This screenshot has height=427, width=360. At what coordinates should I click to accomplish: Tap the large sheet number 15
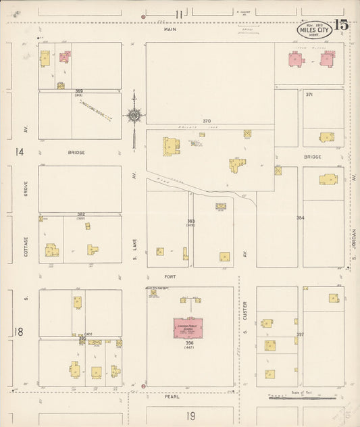[x=340, y=26]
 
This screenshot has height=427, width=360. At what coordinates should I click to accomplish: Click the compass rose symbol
[x=134, y=116]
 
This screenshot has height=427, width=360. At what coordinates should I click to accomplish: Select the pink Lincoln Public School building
[x=189, y=328]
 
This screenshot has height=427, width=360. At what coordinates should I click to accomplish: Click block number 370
[x=207, y=121]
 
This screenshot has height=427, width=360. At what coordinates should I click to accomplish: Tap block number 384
[x=300, y=218]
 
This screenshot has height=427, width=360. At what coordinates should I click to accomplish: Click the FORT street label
[x=170, y=276]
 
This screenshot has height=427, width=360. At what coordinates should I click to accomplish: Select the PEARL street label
[x=171, y=397]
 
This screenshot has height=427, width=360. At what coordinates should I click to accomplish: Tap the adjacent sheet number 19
[x=191, y=416]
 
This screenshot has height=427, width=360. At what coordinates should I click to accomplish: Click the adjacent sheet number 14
[x=20, y=152]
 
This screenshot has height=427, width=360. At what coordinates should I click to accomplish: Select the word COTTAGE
[x=26, y=246]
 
